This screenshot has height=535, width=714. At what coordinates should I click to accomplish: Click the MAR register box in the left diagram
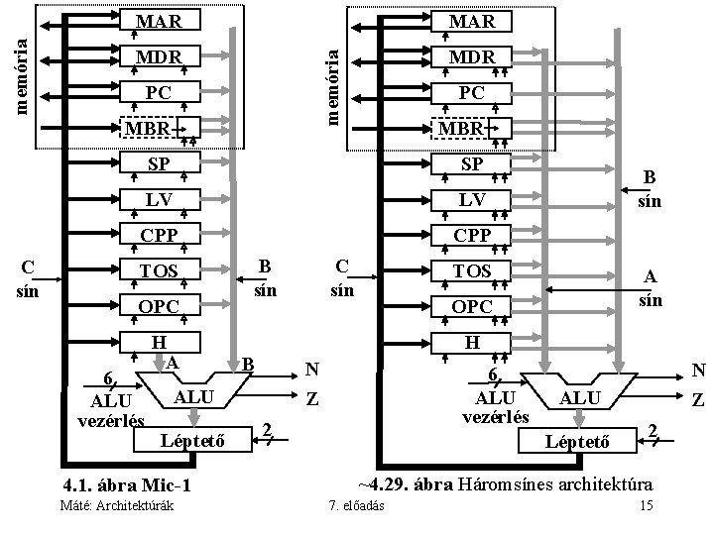tap(159, 20)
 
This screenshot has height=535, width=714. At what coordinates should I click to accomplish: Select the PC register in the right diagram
tap(471, 93)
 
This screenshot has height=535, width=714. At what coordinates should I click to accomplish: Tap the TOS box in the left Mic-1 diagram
tap(159, 269)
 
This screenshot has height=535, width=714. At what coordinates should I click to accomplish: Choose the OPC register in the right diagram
tap(471, 306)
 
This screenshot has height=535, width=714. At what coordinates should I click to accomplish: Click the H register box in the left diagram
tap(159, 342)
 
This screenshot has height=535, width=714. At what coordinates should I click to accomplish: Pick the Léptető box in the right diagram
tap(576, 436)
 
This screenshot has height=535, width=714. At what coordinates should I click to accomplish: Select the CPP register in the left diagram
tap(159, 235)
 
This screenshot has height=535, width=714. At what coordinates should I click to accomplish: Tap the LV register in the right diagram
tap(471, 199)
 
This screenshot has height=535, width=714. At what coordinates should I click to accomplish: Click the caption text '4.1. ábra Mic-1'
tap(125, 486)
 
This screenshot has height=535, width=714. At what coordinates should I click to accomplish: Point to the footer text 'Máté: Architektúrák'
tap(117, 507)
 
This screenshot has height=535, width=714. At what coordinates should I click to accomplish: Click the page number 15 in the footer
tap(646, 507)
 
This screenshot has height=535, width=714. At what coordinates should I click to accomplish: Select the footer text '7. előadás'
tap(358, 507)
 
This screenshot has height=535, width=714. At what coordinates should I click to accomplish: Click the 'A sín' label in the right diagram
tap(651, 288)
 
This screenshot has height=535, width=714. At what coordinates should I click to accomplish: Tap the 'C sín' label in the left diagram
tap(29, 279)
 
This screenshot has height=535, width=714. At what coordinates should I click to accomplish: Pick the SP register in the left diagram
tap(159, 163)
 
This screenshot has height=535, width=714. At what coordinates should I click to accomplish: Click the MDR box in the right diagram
tap(471, 56)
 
